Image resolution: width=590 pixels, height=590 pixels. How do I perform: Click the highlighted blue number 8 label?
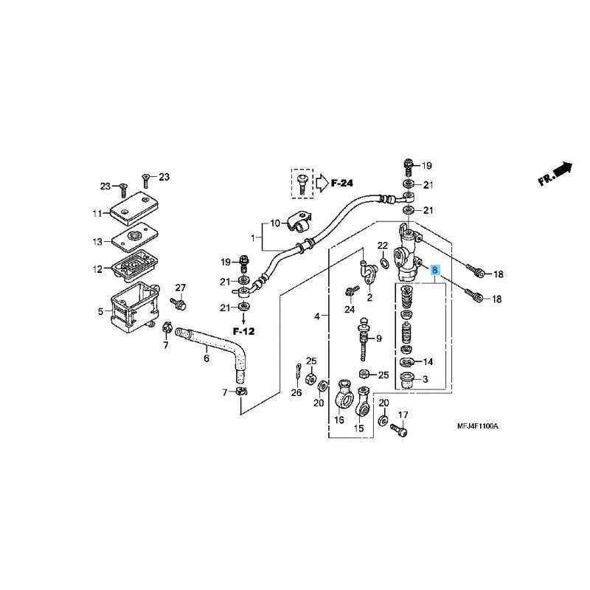[x=435, y=271]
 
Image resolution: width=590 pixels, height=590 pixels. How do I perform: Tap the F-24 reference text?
[x=341, y=181]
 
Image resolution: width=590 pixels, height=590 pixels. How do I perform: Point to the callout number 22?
[x=383, y=246]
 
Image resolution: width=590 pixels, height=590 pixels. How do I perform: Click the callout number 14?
[x=428, y=362]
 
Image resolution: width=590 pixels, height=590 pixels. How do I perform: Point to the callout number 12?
[x=97, y=269]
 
